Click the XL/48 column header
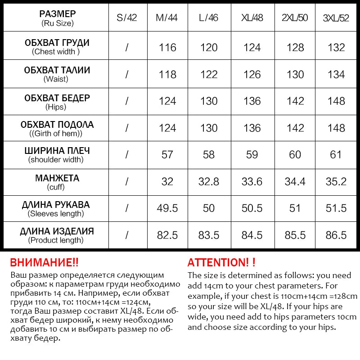click(252, 18)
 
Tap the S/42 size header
click(126, 18)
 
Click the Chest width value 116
click(167, 48)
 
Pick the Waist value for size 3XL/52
click(337, 75)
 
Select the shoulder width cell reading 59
click(252, 155)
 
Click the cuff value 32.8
click(209, 182)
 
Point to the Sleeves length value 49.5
click(167, 208)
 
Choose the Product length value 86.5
click(337, 235)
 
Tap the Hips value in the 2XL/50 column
click(295, 101)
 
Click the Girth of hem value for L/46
click(209, 128)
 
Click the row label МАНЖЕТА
click(57, 178)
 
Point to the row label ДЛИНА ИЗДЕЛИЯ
click(57, 232)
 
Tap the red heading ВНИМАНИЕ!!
click(44, 262)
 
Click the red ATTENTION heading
click(221, 262)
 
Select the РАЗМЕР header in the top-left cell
click(58, 14)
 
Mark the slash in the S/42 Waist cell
click(126, 75)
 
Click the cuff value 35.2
click(337, 182)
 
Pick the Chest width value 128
click(295, 48)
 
